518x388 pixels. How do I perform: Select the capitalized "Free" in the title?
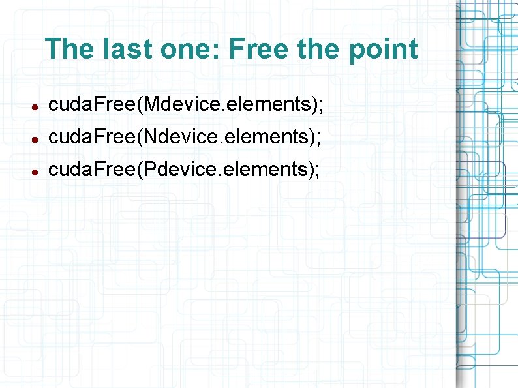257,49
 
